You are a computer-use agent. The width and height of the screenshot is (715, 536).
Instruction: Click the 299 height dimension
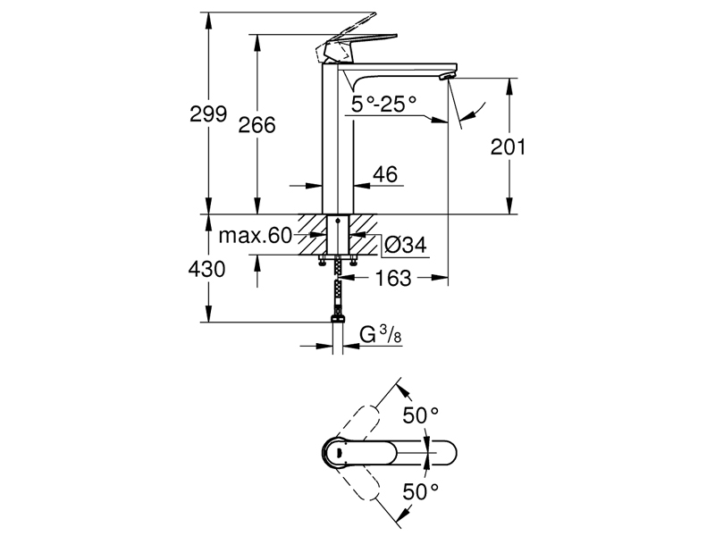208,113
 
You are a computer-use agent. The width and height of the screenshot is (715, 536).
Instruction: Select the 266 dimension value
257,125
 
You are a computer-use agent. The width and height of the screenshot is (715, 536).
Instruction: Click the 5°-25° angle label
384,105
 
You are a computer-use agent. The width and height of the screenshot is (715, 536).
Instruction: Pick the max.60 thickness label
256,236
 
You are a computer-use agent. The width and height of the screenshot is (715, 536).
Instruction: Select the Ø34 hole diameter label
403,242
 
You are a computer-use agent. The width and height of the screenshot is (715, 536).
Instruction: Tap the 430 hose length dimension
206,269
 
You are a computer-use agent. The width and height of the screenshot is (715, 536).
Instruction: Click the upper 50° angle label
422,416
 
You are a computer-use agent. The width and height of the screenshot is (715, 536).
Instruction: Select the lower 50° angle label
422,490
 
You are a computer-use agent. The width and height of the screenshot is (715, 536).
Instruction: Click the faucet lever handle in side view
357,41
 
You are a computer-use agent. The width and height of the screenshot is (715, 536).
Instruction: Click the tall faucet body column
339,143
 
